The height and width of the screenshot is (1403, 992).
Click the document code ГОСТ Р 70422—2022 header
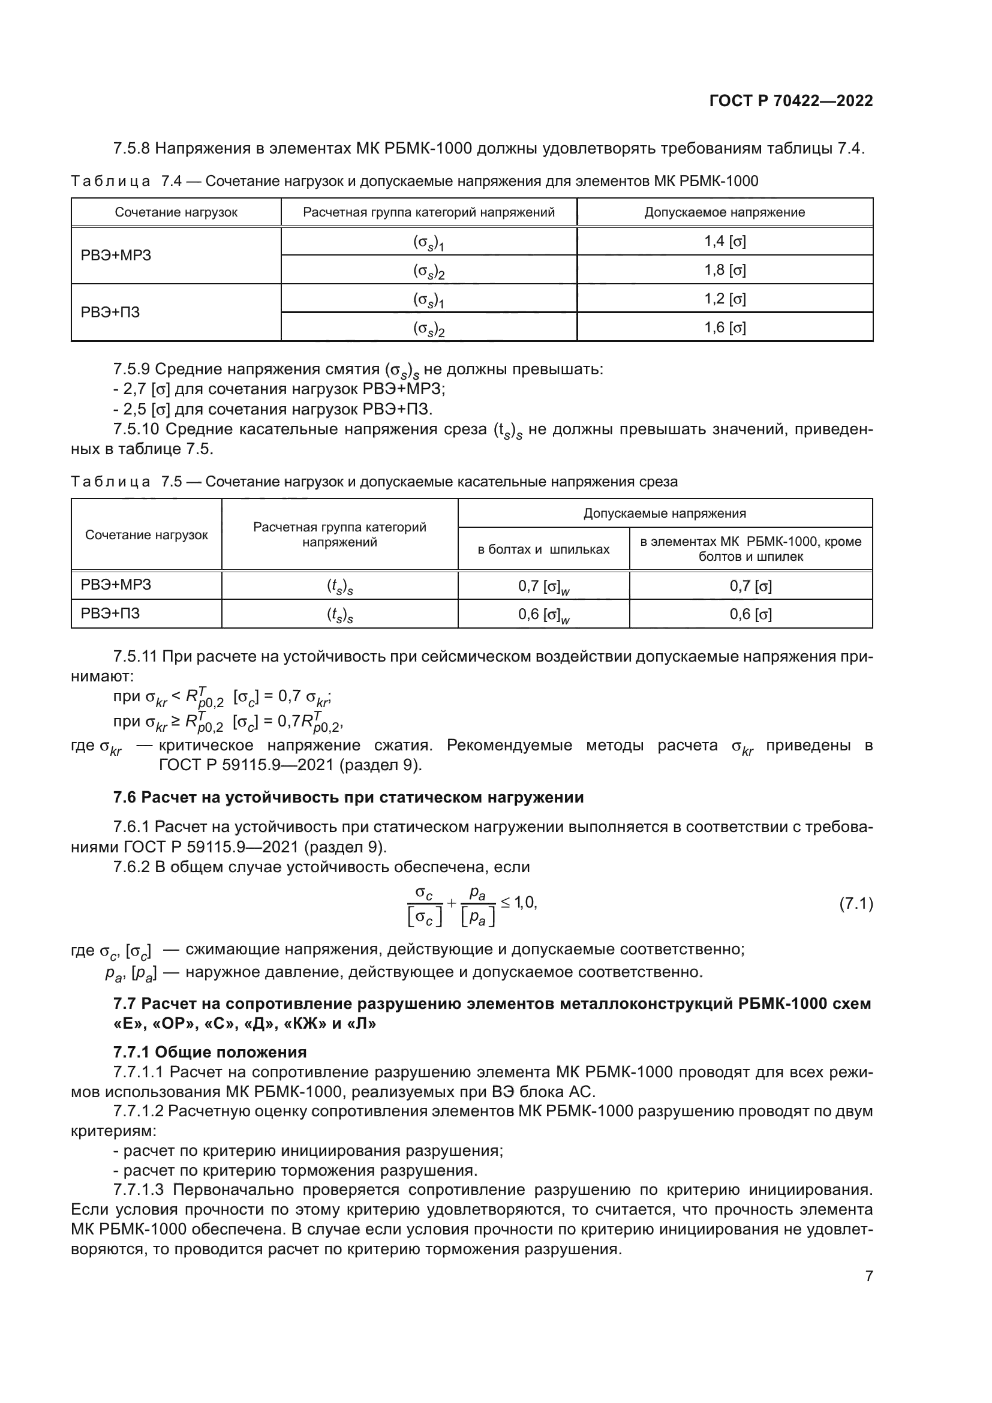790,101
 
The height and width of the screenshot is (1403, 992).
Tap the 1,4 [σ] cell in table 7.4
725,241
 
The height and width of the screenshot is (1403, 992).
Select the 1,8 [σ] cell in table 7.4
725,270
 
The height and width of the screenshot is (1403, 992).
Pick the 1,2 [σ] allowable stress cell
725,299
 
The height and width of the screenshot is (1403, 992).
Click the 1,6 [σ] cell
725,328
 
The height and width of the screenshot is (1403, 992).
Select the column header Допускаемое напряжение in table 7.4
725,212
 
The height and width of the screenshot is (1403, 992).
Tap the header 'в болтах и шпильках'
543,549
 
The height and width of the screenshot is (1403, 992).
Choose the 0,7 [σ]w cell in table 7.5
543,586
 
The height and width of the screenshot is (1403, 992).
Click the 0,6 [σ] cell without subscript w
750,614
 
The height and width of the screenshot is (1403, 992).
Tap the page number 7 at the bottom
868,1276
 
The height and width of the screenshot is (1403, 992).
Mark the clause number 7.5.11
135,657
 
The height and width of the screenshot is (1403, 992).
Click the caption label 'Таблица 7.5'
127,482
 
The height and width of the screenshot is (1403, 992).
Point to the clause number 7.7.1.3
139,1189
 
